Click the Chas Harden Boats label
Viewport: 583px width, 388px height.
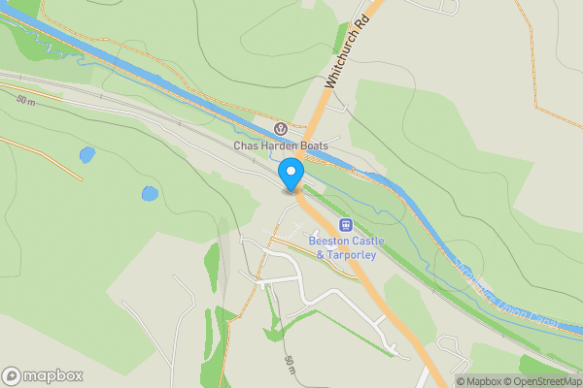coord(280,146)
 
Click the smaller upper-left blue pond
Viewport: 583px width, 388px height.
coord(86,154)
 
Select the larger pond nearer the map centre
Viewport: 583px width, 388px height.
coord(149,193)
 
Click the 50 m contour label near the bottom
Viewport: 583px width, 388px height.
coord(290,366)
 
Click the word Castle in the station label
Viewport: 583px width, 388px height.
coord(365,240)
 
